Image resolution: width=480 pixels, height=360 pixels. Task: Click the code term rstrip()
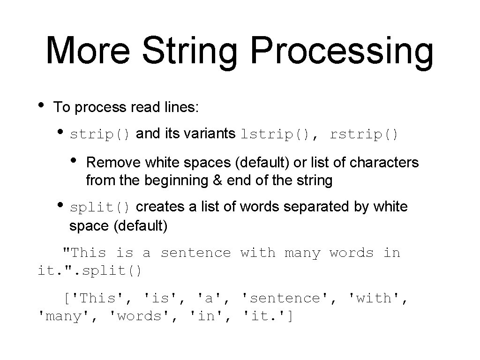click(x=364, y=135)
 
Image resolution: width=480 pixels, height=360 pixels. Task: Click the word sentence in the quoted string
click(x=196, y=253)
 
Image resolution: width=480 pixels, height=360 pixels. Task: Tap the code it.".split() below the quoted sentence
click(x=90, y=271)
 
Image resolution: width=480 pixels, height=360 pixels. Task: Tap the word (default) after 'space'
click(x=140, y=226)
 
